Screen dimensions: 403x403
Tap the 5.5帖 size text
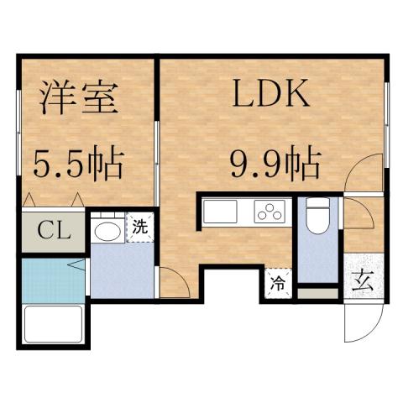pyautogui.click(x=79, y=163)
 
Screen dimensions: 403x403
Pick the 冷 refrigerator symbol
pyautogui.click(x=278, y=283)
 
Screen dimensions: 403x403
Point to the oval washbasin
pyautogui.click(x=106, y=231)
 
